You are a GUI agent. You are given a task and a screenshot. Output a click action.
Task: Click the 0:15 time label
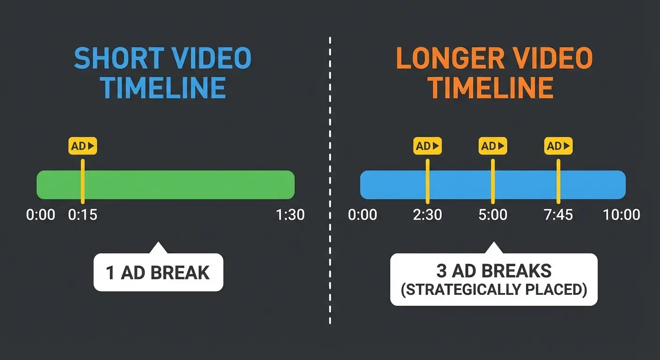82,215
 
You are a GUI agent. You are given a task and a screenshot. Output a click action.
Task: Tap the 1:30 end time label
291,215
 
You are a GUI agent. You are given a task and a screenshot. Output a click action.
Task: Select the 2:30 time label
427,215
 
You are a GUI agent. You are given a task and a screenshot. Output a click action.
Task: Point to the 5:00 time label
493,215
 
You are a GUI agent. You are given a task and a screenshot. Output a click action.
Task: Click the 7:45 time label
558,215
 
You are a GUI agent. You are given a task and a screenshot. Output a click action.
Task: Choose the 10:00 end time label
621,215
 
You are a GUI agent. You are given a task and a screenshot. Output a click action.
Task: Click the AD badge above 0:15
82,146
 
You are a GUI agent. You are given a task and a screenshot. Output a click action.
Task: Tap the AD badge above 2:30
427,146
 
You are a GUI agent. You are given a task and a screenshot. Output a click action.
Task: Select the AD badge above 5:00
493,146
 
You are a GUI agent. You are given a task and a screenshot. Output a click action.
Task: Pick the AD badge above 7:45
558,146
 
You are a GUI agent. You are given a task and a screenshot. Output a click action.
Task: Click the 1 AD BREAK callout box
158,272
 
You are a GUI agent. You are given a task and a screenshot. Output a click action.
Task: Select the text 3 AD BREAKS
494,271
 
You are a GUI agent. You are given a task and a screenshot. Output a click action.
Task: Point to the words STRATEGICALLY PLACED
494,290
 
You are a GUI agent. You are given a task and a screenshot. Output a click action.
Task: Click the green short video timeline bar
187,185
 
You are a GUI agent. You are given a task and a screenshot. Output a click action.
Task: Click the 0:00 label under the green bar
41,215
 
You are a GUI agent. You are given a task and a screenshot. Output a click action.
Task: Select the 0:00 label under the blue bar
362,215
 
